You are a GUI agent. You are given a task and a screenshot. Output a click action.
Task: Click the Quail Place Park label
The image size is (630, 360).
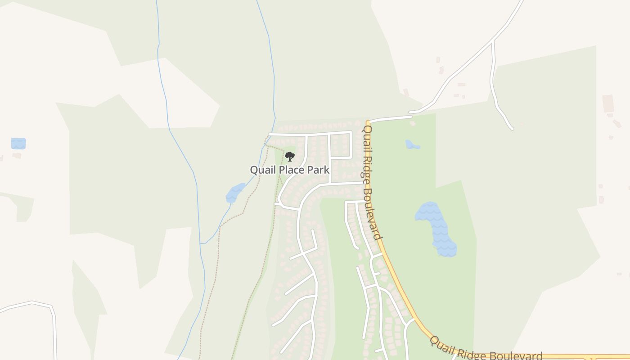[289, 170]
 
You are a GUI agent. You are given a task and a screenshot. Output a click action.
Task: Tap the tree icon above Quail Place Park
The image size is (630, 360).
[290, 157]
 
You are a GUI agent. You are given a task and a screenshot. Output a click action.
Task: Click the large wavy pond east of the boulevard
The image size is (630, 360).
[436, 227]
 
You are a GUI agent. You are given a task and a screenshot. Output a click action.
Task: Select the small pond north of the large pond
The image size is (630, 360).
[412, 144]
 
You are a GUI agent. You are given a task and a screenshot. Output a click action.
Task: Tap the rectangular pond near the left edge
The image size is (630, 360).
[18, 144]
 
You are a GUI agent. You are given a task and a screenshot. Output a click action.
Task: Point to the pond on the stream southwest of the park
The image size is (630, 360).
[235, 193]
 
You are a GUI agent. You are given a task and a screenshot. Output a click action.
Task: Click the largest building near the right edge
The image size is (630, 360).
[608, 103]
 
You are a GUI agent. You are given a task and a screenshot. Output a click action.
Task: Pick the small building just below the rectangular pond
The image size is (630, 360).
[17, 156]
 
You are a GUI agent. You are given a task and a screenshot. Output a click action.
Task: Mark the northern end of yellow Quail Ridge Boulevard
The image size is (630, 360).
[368, 122]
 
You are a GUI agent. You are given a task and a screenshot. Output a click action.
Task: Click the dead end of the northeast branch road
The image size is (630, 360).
[512, 129]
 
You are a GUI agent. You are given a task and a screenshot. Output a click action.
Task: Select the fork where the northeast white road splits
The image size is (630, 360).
[493, 41]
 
